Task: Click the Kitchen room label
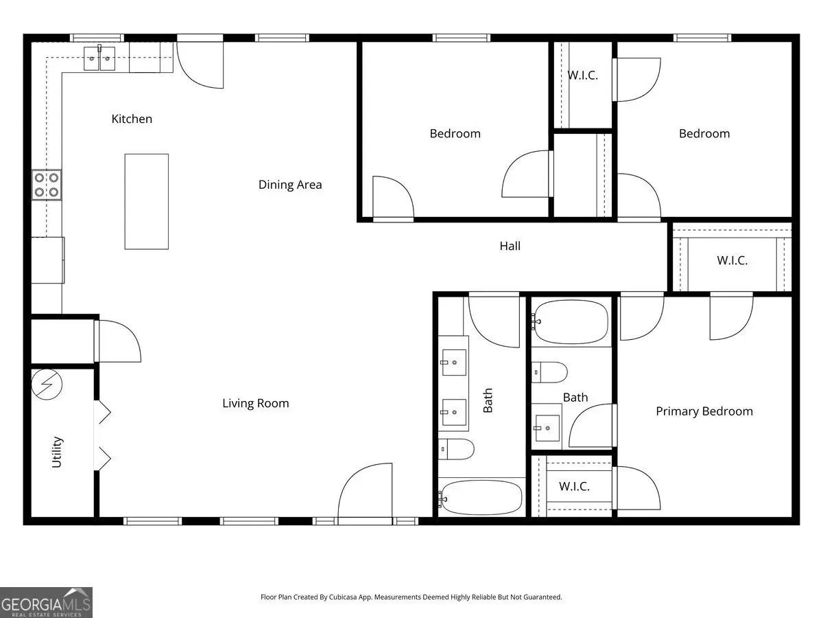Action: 132,119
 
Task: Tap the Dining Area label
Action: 290,185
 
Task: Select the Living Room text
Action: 255,403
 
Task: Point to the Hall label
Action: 510,246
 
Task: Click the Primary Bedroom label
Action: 704,411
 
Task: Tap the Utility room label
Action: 57,452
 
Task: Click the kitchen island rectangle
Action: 147,201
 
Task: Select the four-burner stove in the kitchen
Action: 47,185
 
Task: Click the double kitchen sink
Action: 99,58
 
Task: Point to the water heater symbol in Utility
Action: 47,385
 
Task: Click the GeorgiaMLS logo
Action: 46,602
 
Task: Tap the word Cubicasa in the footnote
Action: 343,597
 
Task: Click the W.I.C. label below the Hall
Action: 732,260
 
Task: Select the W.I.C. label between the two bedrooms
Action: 582,76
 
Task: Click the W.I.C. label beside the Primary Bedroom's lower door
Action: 574,487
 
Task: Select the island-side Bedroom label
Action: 455,134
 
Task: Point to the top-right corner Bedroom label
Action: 704,134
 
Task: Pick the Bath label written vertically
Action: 488,400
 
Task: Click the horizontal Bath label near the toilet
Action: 575,398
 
